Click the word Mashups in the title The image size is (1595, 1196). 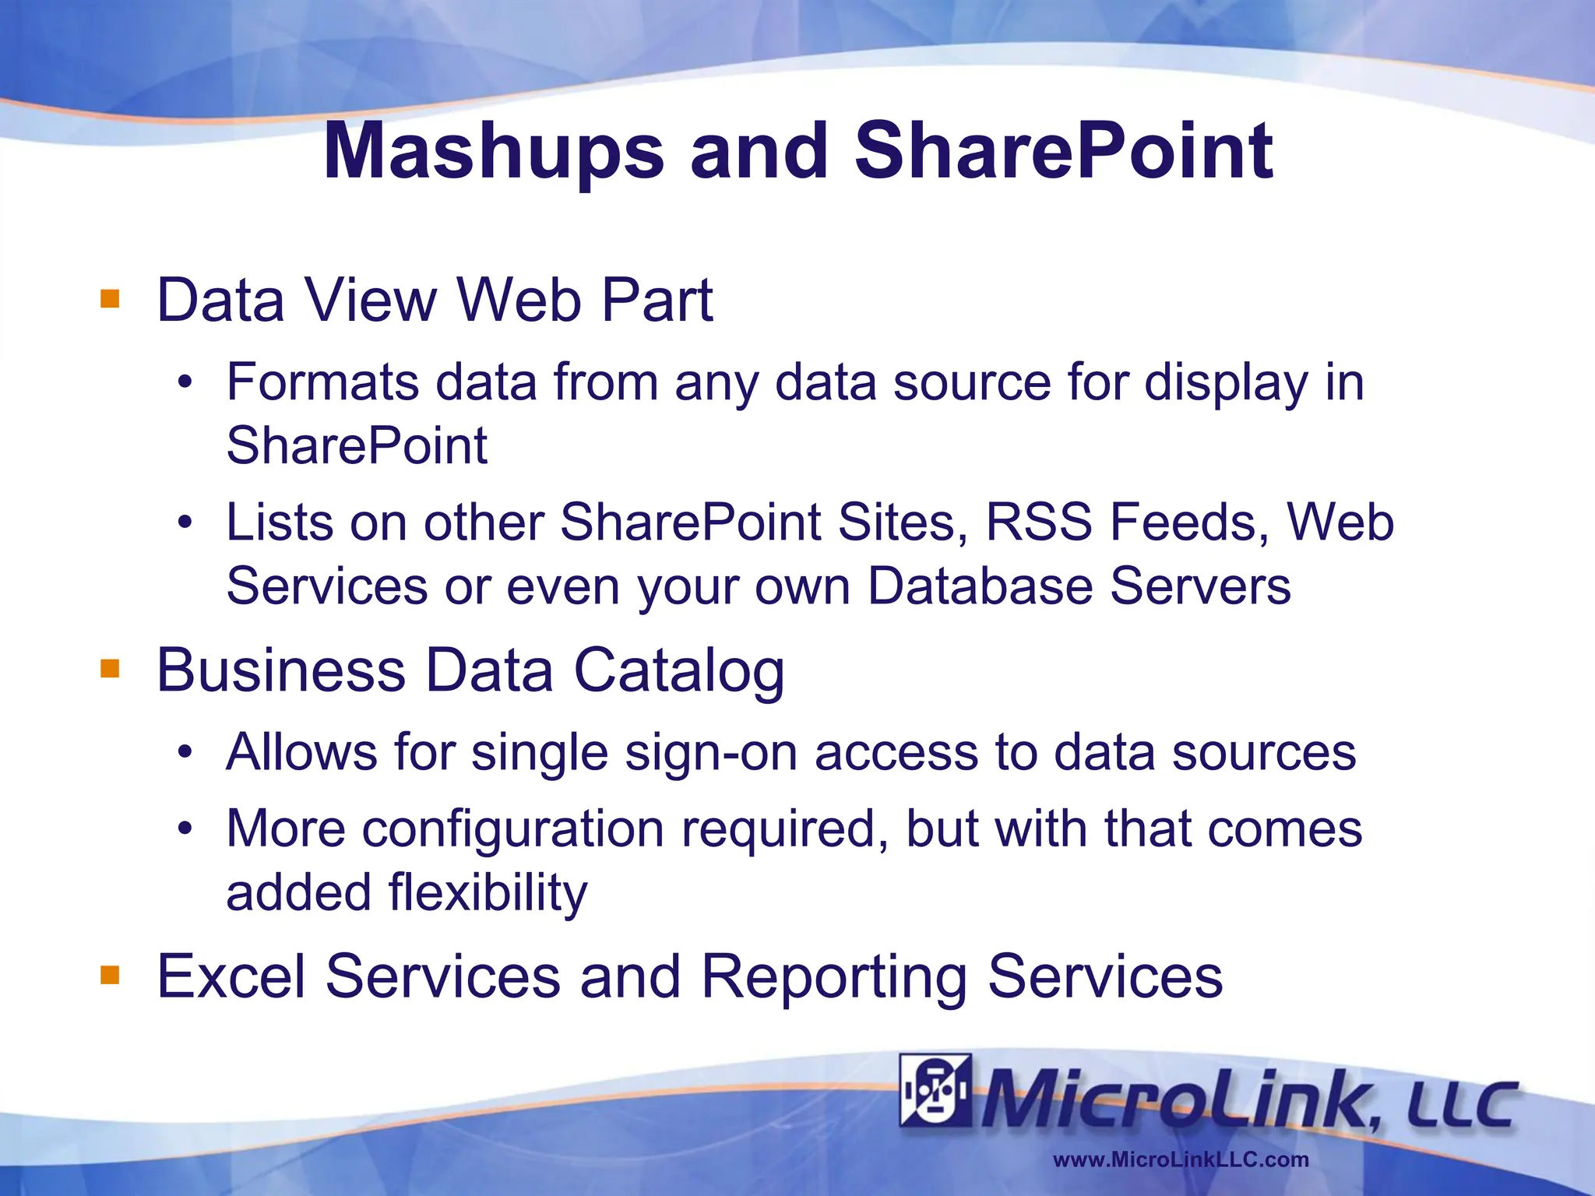point(494,152)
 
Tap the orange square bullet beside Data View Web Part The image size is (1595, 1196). point(110,299)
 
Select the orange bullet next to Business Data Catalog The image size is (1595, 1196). point(110,669)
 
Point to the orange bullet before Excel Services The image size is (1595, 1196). point(110,975)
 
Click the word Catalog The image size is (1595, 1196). point(679,670)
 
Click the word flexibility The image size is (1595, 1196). point(488,892)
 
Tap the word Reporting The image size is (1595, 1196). point(834,977)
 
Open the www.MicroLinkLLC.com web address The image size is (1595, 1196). point(1181,1159)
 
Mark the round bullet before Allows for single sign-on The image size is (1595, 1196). point(185,753)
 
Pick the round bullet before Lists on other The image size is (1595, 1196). point(185,522)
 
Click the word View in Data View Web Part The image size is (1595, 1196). point(371,300)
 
